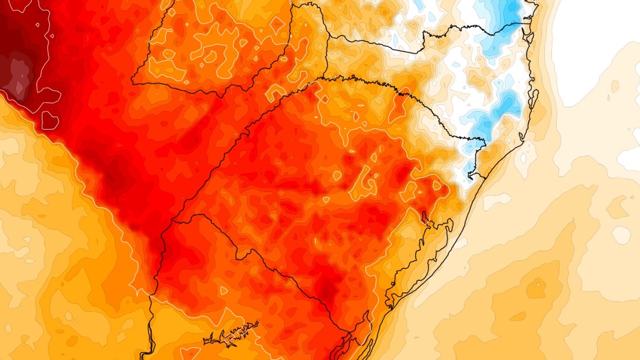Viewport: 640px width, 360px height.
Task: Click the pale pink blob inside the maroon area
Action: click(x=19, y=75)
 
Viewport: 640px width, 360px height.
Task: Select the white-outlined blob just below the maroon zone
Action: click(x=50, y=120)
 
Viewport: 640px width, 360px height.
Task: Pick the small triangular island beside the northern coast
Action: click(x=528, y=36)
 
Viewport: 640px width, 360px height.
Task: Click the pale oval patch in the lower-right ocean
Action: click(x=621, y=235)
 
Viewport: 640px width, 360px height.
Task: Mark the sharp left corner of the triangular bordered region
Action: click(x=132, y=83)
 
